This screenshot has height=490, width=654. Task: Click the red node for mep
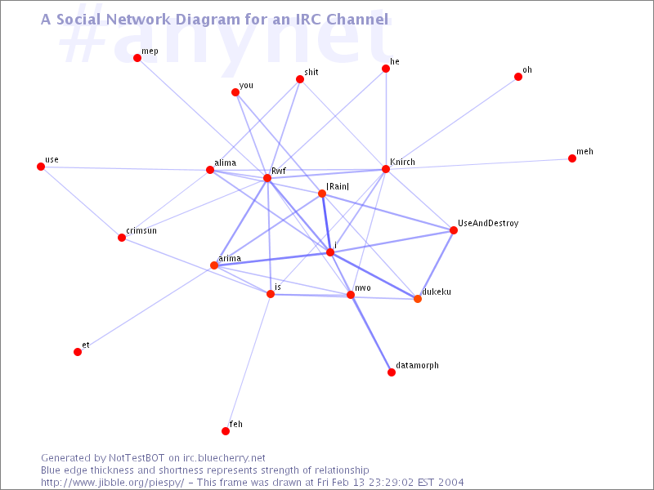pyautogui.click(x=137, y=58)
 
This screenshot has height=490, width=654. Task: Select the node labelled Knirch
pyautogui.click(x=385, y=170)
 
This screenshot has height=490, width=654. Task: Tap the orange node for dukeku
pyautogui.click(x=418, y=299)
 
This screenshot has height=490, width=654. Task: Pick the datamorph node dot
pyautogui.click(x=392, y=372)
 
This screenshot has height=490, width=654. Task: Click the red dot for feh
pyautogui.click(x=226, y=431)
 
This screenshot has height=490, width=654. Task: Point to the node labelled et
pyautogui.click(x=78, y=352)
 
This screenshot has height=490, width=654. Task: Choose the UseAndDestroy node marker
pyautogui.click(x=454, y=230)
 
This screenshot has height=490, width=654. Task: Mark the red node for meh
pyautogui.click(x=572, y=158)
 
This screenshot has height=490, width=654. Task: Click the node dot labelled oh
pyautogui.click(x=518, y=78)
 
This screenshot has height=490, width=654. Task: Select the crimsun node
pyautogui.click(x=122, y=238)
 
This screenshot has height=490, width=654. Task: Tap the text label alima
pyautogui.click(x=225, y=163)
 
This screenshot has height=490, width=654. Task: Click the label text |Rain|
pyautogui.click(x=338, y=187)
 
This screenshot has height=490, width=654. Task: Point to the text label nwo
pyautogui.click(x=363, y=287)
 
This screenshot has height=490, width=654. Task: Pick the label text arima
pyautogui.click(x=230, y=258)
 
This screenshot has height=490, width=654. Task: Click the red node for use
pyautogui.click(x=41, y=167)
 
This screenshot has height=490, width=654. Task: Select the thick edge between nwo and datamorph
pyautogui.click(x=371, y=334)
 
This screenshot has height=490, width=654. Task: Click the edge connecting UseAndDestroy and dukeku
pyautogui.click(x=436, y=265)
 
